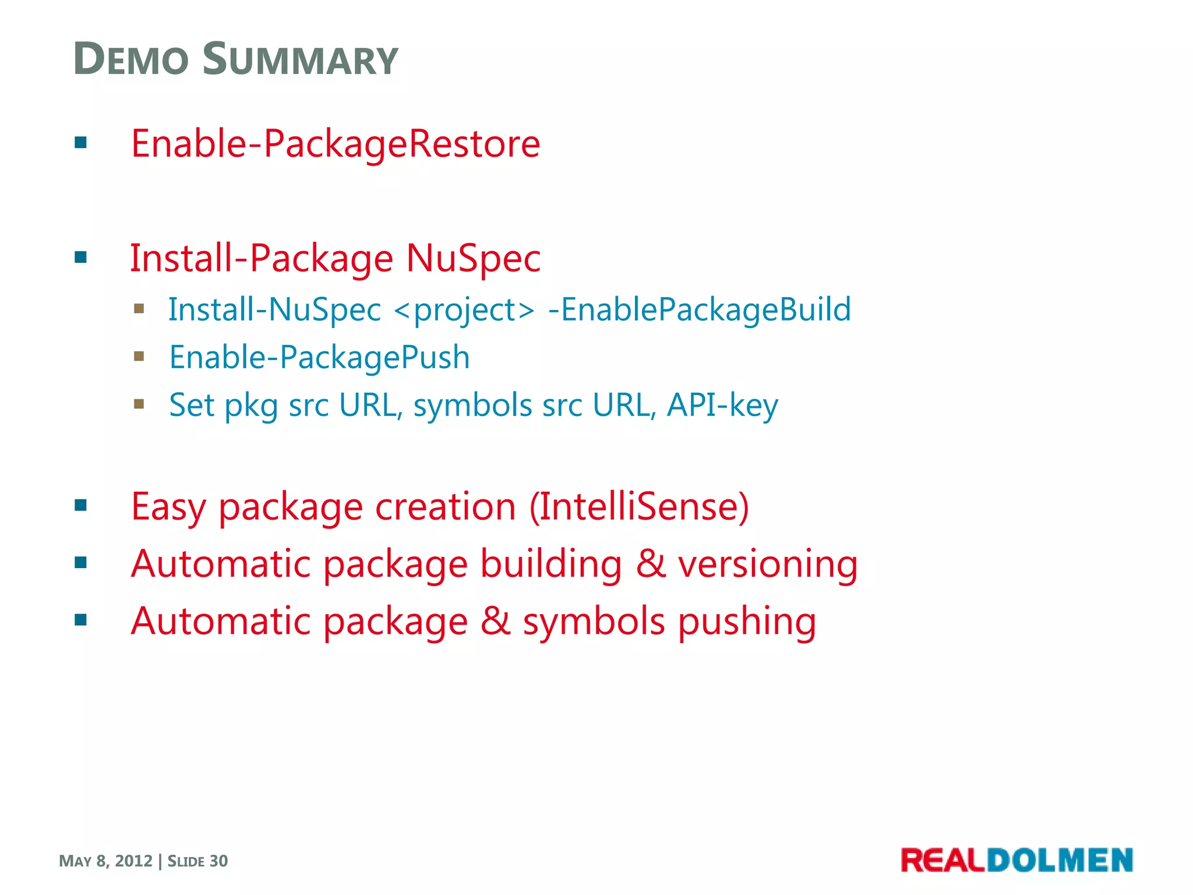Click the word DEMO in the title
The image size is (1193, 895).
(132, 59)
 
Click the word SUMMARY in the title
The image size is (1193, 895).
(300, 59)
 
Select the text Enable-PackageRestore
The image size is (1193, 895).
(336, 144)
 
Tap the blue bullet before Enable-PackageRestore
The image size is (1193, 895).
(81, 143)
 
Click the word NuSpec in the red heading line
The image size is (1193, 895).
(473, 258)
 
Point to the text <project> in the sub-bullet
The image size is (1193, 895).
(464, 310)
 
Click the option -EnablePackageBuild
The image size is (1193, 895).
(699, 310)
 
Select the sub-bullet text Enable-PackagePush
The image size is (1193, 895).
(319, 357)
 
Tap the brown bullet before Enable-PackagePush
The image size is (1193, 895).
(139, 356)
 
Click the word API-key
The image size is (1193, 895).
(722, 405)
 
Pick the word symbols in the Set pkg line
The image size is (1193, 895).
(472, 405)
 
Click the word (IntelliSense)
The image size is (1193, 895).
(639, 506)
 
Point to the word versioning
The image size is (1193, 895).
(768, 564)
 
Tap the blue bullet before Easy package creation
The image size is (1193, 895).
(81, 505)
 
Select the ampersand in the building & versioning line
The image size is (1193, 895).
(651, 563)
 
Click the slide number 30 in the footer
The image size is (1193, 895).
(218, 861)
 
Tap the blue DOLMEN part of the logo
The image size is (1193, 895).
(1060, 861)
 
